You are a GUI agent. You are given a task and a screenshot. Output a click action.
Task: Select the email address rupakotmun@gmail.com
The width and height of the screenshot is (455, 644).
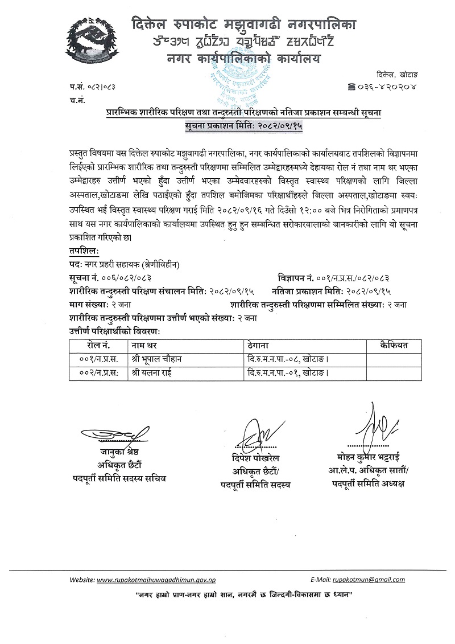pyautogui.click(x=369, y=580)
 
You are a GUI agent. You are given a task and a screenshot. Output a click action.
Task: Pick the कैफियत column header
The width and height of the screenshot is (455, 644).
pyautogui.click(x=393, y=346)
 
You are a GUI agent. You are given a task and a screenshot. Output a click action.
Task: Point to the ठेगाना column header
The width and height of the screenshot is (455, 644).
pyautogui.click(x=262, y=346)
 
